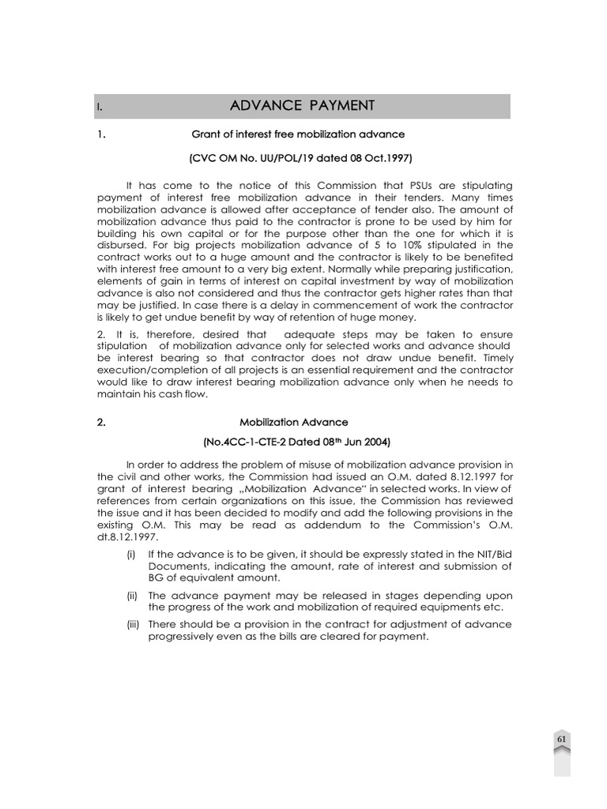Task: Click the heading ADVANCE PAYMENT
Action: click(x=302, y=106)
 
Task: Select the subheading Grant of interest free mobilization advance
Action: click(x=298, y=134)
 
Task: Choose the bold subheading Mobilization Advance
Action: click(x=298, y=423)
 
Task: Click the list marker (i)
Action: click(x=132, y=555)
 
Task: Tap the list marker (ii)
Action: click(x=133, y=595)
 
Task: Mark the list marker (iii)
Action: click(x=133, y=624)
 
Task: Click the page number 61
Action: click(x=561, y=739)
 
